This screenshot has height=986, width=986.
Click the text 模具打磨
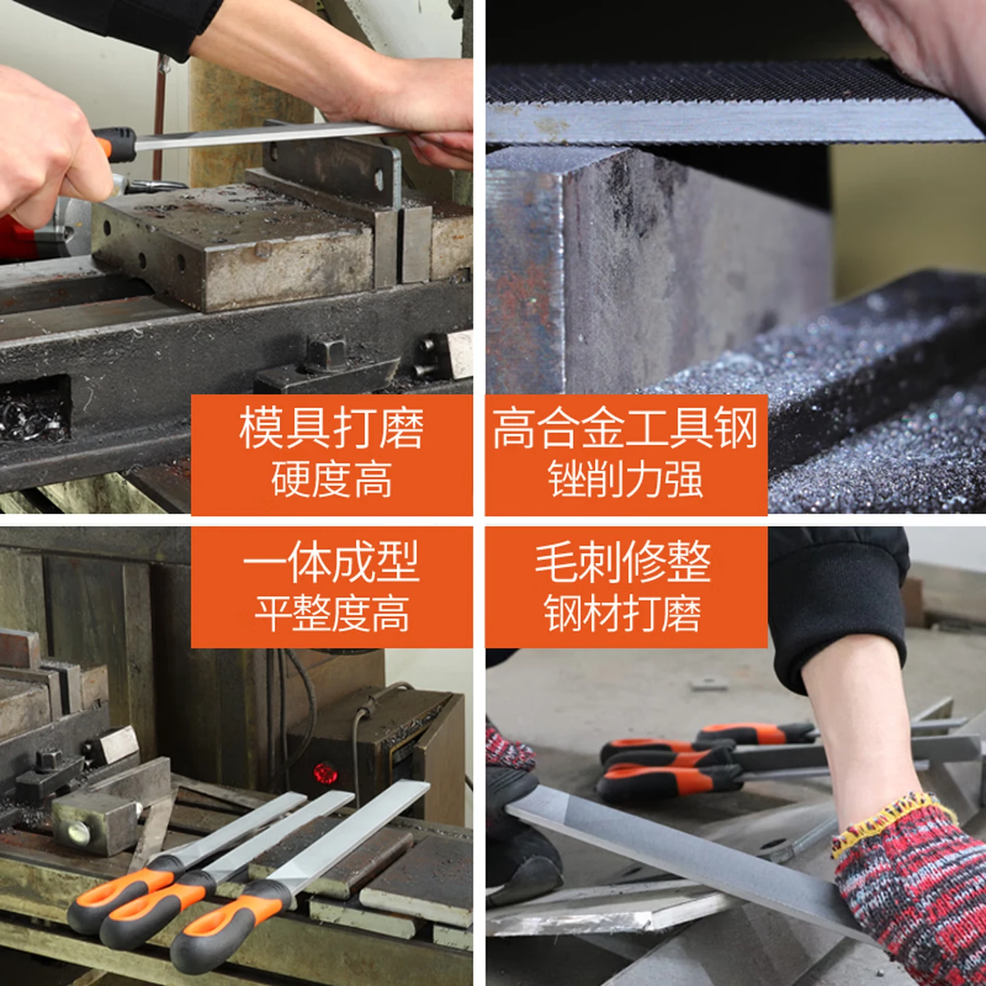pyautogui.click(x=331, y=428)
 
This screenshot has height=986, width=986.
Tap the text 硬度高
pyautogui.click(x=331, y=479)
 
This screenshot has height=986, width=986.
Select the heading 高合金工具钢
pyautogui.click(x=625, y=428)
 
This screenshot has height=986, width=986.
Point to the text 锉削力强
pyautogui.click(x=625, y=479)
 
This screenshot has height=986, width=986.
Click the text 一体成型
pyautogui.click(x=331, y=562)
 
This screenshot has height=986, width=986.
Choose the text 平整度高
pyautogui.click(x=331, y=613)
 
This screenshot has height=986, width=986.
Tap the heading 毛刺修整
pyautogui.click(x=623, y=562)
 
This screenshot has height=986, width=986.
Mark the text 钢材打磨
pyautogui.click(x=622, y=613)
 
